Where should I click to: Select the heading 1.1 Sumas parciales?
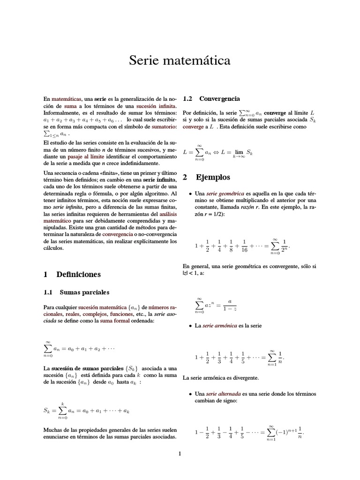pos(76,292)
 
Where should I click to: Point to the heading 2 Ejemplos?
pos(206,178)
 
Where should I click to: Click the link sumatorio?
pos(160,127)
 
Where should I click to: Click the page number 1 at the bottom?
pos(180,453)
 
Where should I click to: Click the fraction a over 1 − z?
pos(230,305)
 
